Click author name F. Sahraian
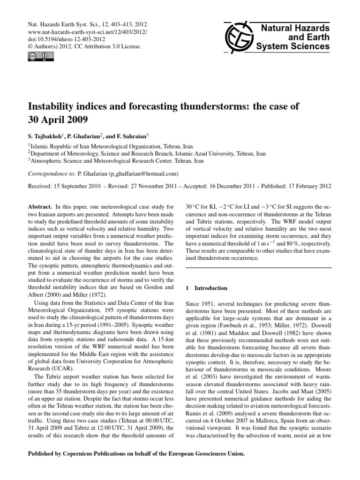(133, 135)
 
